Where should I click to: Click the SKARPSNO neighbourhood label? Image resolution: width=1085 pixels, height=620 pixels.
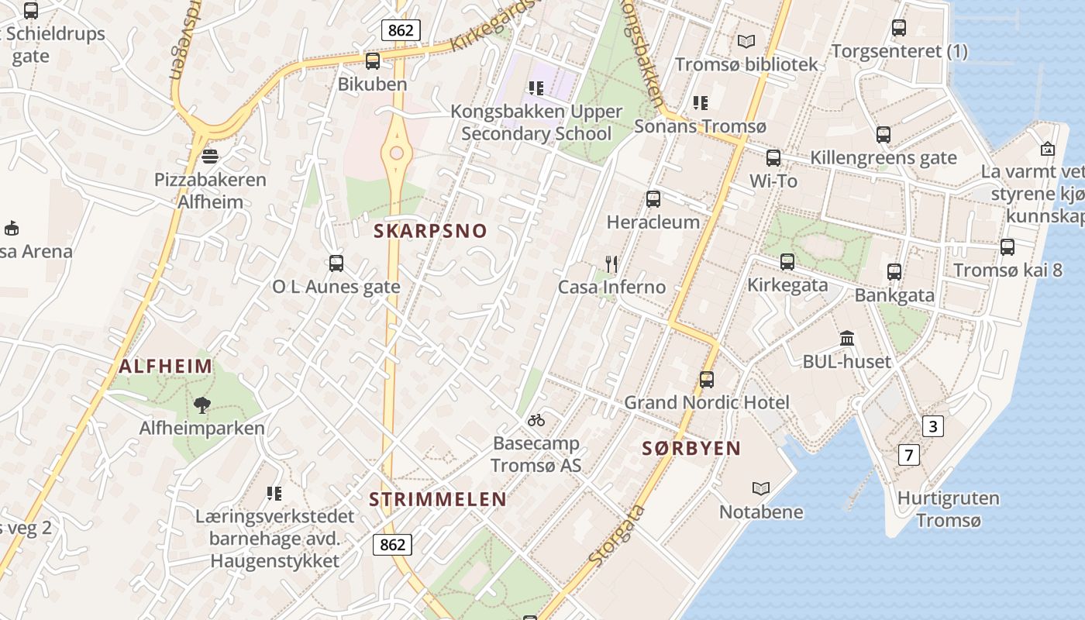[430, 231]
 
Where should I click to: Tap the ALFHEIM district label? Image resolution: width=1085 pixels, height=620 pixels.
[165, 367]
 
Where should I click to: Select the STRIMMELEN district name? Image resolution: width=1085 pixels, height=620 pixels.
[437, 500]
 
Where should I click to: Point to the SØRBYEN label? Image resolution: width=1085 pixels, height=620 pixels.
[691, 448]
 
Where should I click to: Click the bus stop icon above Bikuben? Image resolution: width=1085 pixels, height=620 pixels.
[373, 60]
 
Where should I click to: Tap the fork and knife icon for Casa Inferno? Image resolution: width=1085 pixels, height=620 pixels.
[611, 264]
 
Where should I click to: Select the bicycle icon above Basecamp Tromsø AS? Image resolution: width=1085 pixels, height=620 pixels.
[536, 420]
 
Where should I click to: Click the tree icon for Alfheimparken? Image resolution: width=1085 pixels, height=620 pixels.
[202, 405]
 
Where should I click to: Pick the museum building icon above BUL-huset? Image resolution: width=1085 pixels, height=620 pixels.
[847, 339]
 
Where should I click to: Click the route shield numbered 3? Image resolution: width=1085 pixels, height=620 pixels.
[932, 425]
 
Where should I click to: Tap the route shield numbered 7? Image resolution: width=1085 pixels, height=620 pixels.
[908, 454]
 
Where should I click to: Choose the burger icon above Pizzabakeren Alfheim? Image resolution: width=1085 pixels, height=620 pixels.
[209, 157]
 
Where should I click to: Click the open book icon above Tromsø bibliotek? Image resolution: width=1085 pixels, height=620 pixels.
[746, 41]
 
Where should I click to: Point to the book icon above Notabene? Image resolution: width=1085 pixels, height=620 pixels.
[761, 488]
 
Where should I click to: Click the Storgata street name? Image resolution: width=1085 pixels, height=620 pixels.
[617, 536]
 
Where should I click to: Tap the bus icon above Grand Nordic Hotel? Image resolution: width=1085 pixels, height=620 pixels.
[707, 379]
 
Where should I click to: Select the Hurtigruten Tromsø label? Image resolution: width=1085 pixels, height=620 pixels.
[948, 508]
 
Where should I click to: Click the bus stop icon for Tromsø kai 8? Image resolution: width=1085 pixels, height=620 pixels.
[1007, 247]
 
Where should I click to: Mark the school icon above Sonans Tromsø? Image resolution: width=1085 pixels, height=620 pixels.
[701, 102]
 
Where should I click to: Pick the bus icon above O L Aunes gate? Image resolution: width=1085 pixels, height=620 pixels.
[336, 263]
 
